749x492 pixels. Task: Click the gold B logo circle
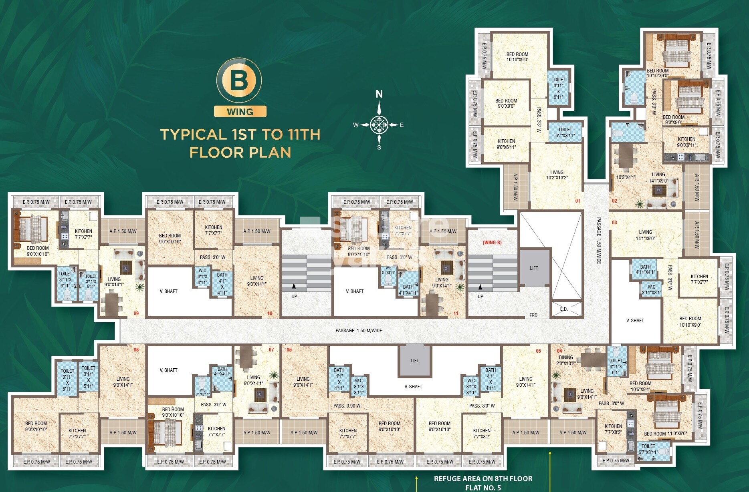point(239,80)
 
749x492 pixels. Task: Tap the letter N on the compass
point(379,94)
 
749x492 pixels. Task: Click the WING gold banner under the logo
point(240,112)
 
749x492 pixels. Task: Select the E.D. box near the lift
point(564,309)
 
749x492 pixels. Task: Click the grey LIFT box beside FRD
point(534,268)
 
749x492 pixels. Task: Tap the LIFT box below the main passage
point(415,360)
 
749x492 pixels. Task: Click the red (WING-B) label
point(492,243)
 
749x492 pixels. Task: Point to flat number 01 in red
point(577,201)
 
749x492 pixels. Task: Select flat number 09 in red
point(136,313)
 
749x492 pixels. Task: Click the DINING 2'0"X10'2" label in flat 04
point(566,360)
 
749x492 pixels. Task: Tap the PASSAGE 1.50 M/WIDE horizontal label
point(359,331)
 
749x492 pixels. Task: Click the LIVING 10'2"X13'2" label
point(557,175)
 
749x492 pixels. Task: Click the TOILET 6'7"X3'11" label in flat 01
point(565,133)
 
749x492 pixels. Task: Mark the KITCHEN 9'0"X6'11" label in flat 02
point(686,142)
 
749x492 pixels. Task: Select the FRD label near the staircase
point(533,315)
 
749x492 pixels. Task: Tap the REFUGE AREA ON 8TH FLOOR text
point(483,478)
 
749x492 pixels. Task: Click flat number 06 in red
point(289,349)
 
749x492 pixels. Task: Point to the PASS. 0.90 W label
point(347,406)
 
